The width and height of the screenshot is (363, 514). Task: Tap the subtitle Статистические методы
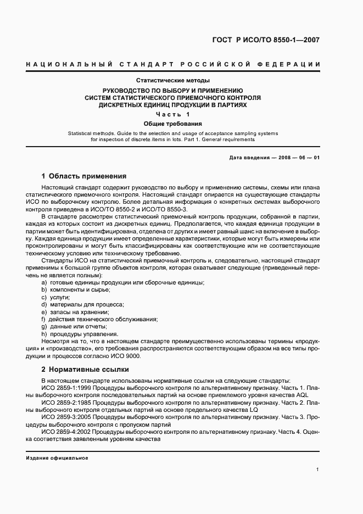coord(172,81)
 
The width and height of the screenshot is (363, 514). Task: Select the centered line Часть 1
coord(172,114)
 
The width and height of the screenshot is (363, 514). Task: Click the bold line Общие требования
coord(172,124)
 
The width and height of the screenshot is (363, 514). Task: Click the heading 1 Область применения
coord(84,176)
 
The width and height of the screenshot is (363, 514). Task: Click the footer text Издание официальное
coord(57,457)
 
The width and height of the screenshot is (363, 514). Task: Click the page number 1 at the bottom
coord(318,469)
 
